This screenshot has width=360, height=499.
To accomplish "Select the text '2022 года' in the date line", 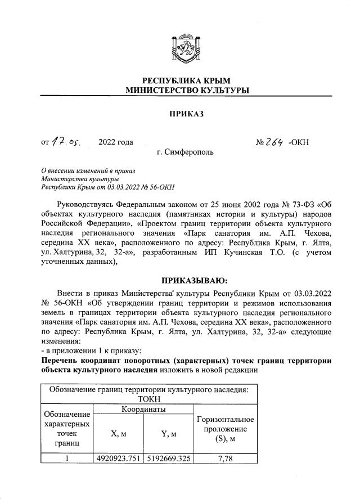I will pyautogui.click(x=115, y=142).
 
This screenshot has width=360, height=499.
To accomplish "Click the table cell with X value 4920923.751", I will pyautogui.click(x=118, y=458).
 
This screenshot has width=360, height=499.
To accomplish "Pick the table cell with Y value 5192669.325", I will pyautogui.click(x=168, y=458).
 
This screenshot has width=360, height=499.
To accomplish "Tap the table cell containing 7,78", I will pyautogui.click(x=224, y=458).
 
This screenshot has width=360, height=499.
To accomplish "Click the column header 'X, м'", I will pyautogui.click(x=118, y=433).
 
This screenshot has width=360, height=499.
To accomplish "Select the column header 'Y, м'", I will pyautogui.click(x=168, y=433).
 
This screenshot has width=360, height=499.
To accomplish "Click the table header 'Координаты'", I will pyautogui.click(x=143, y=410).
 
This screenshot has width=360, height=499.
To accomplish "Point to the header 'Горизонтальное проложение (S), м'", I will pyautogui.click(x=224, y=429).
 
